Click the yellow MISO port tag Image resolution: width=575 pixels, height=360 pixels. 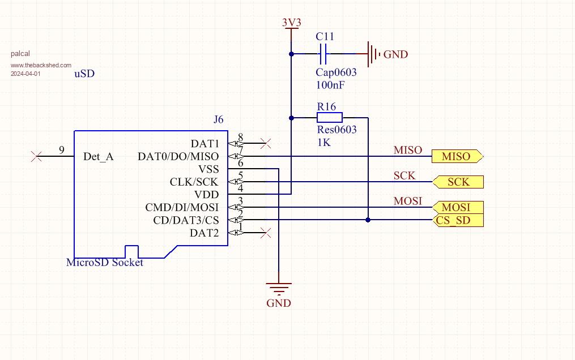[x=457, y=156]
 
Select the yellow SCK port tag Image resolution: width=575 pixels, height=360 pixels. [x=458, y=182]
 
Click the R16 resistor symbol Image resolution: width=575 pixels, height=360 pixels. [x=329, y=118]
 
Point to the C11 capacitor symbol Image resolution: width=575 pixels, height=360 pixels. [x=324, y=54]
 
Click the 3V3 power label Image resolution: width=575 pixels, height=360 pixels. [x=292, y=23]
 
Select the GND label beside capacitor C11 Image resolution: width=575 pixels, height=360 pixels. [x=395, y=54]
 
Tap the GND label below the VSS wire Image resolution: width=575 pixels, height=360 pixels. [x=279, y=303]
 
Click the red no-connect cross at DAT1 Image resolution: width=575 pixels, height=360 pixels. [x=265, y=142]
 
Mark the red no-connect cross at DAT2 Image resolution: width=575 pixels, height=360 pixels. [x=265, y=232]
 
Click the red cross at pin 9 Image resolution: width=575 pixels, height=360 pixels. [x=37, y=156]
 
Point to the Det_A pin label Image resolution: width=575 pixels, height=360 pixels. [x=98, y=157]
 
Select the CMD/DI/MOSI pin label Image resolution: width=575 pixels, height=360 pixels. [x=182, y=208]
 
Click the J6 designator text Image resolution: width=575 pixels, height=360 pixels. [x=219, y=119]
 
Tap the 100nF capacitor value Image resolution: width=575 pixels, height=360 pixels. [x=331, y=85]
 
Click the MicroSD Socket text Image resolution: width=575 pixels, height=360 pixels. [x=105, y=263]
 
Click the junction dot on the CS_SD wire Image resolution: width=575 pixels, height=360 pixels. [x=368, y=220]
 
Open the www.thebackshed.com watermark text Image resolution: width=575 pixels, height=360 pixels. [x=41, y=66]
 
